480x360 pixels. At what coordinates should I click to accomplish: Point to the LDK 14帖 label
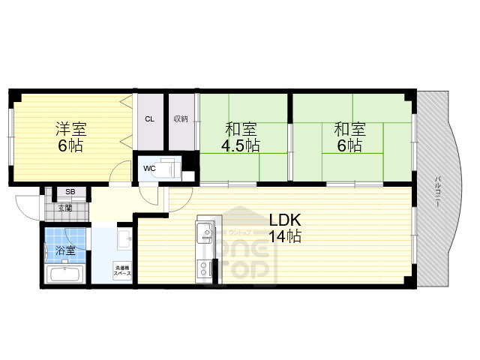(x=285, y=228)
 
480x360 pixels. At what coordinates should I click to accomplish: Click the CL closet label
(x=149, y=118)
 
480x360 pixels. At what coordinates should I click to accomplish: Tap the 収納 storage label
(x=180, y=118)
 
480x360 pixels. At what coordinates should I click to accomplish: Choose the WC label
(x=149, y=168)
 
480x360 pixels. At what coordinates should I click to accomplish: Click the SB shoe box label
(x=70, y=193)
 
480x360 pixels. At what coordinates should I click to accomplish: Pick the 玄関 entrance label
(x=66, y=207)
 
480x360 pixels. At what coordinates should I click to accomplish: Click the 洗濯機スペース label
(x=123, y=271)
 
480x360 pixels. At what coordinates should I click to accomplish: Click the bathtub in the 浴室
(x=66, y=273)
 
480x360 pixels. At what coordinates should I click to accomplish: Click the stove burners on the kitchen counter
(x=205, y=268)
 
